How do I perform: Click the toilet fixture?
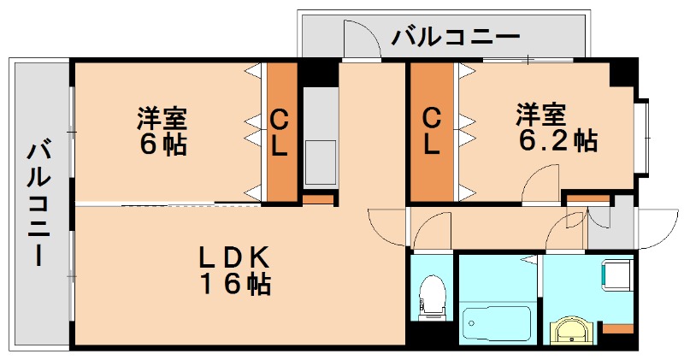tap(433, 295)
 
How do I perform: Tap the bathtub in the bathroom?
tap(497, 323)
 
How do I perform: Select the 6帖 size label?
tap(163, 144)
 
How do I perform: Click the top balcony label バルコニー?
tap(456, 38)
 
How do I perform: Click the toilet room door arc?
tap(435, 229)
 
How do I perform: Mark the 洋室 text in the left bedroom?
tap(163, 116)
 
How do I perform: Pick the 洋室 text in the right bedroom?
tap(540, 114)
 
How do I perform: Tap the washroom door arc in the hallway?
tap(565, 229)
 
